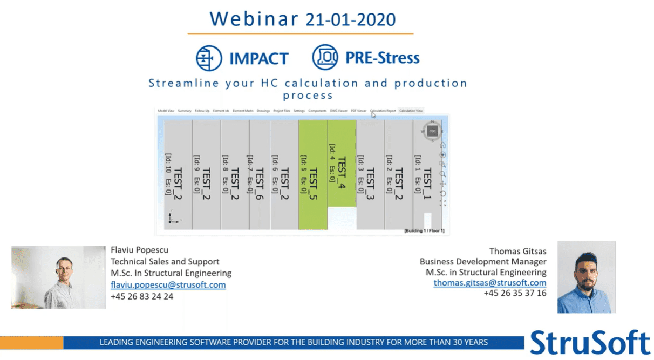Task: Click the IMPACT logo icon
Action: (209, 58)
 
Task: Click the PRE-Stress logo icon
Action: (325, 58)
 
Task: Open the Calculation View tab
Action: (411, 111)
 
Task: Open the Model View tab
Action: (166, 111)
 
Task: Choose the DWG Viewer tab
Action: (339, 111)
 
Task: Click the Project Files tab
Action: (282, 111)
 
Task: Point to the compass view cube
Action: (432, 131)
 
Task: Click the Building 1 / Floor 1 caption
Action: (424, 231)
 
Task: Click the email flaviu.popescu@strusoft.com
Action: (168, 285)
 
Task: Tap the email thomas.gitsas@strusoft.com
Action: (489, 283)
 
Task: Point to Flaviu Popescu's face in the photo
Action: (63, 268)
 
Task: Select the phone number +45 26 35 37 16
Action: (515, 293)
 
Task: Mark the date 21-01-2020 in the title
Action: (350, 19)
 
